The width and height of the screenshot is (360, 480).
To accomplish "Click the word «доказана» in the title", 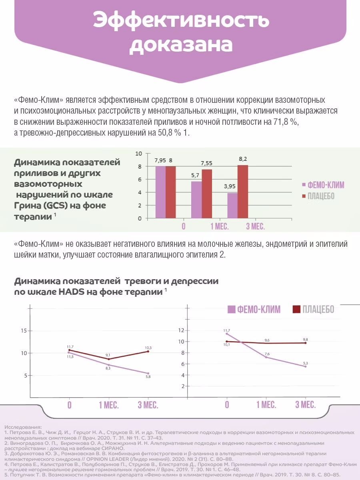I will click(x=180, y=45).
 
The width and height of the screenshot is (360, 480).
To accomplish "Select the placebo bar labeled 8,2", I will click(x=243, y=192).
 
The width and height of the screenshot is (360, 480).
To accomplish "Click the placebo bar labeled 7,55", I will click(x=207, y=194).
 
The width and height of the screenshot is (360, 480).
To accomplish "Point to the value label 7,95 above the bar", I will click(x=160, y=160).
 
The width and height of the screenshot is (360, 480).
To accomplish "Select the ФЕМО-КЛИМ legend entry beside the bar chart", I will click(x=322, y=185).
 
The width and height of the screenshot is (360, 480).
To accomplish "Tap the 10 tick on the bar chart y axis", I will click(x=138, y=154).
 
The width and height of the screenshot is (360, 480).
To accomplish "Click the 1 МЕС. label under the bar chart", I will click(x=220, y=227).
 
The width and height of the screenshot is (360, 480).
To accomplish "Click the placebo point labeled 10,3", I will click(x=148, y=351).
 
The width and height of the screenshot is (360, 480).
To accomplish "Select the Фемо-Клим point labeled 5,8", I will click(x=148, y=374).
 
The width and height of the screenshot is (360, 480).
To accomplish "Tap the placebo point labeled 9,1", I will click(x=108, y=359).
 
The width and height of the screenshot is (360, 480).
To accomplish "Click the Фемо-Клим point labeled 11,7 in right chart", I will click(x=227, y=334).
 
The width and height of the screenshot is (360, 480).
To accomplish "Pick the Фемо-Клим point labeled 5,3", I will click(x=305, y=366).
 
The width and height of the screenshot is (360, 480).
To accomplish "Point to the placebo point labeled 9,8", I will click(x=305, y=343).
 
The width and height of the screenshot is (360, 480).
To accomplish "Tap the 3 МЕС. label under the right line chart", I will click(x=305, y=404).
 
